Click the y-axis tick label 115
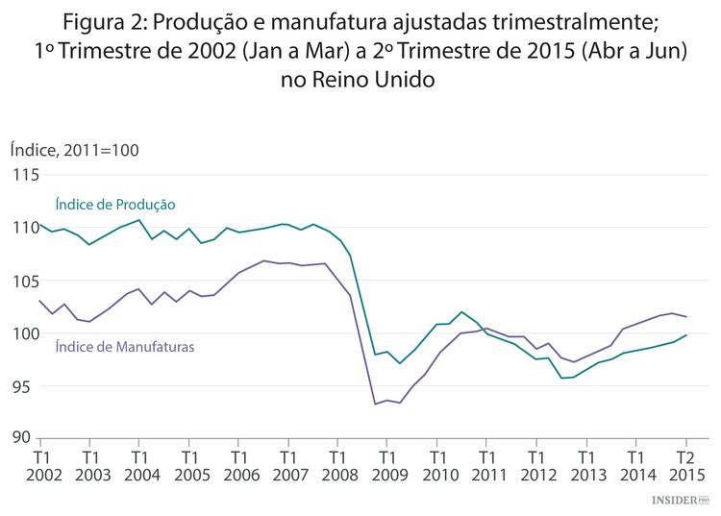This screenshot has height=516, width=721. coord(25,176)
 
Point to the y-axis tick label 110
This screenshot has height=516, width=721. coord(25,229)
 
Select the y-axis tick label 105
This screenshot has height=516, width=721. coord(25,282)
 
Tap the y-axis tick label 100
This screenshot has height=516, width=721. coord(25,334)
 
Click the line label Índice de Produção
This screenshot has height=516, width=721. coord(115,205)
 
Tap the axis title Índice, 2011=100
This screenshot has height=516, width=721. coord(74,149)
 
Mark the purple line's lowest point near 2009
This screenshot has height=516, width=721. coord(375,404)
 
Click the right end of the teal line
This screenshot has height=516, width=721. coord(685,335)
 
